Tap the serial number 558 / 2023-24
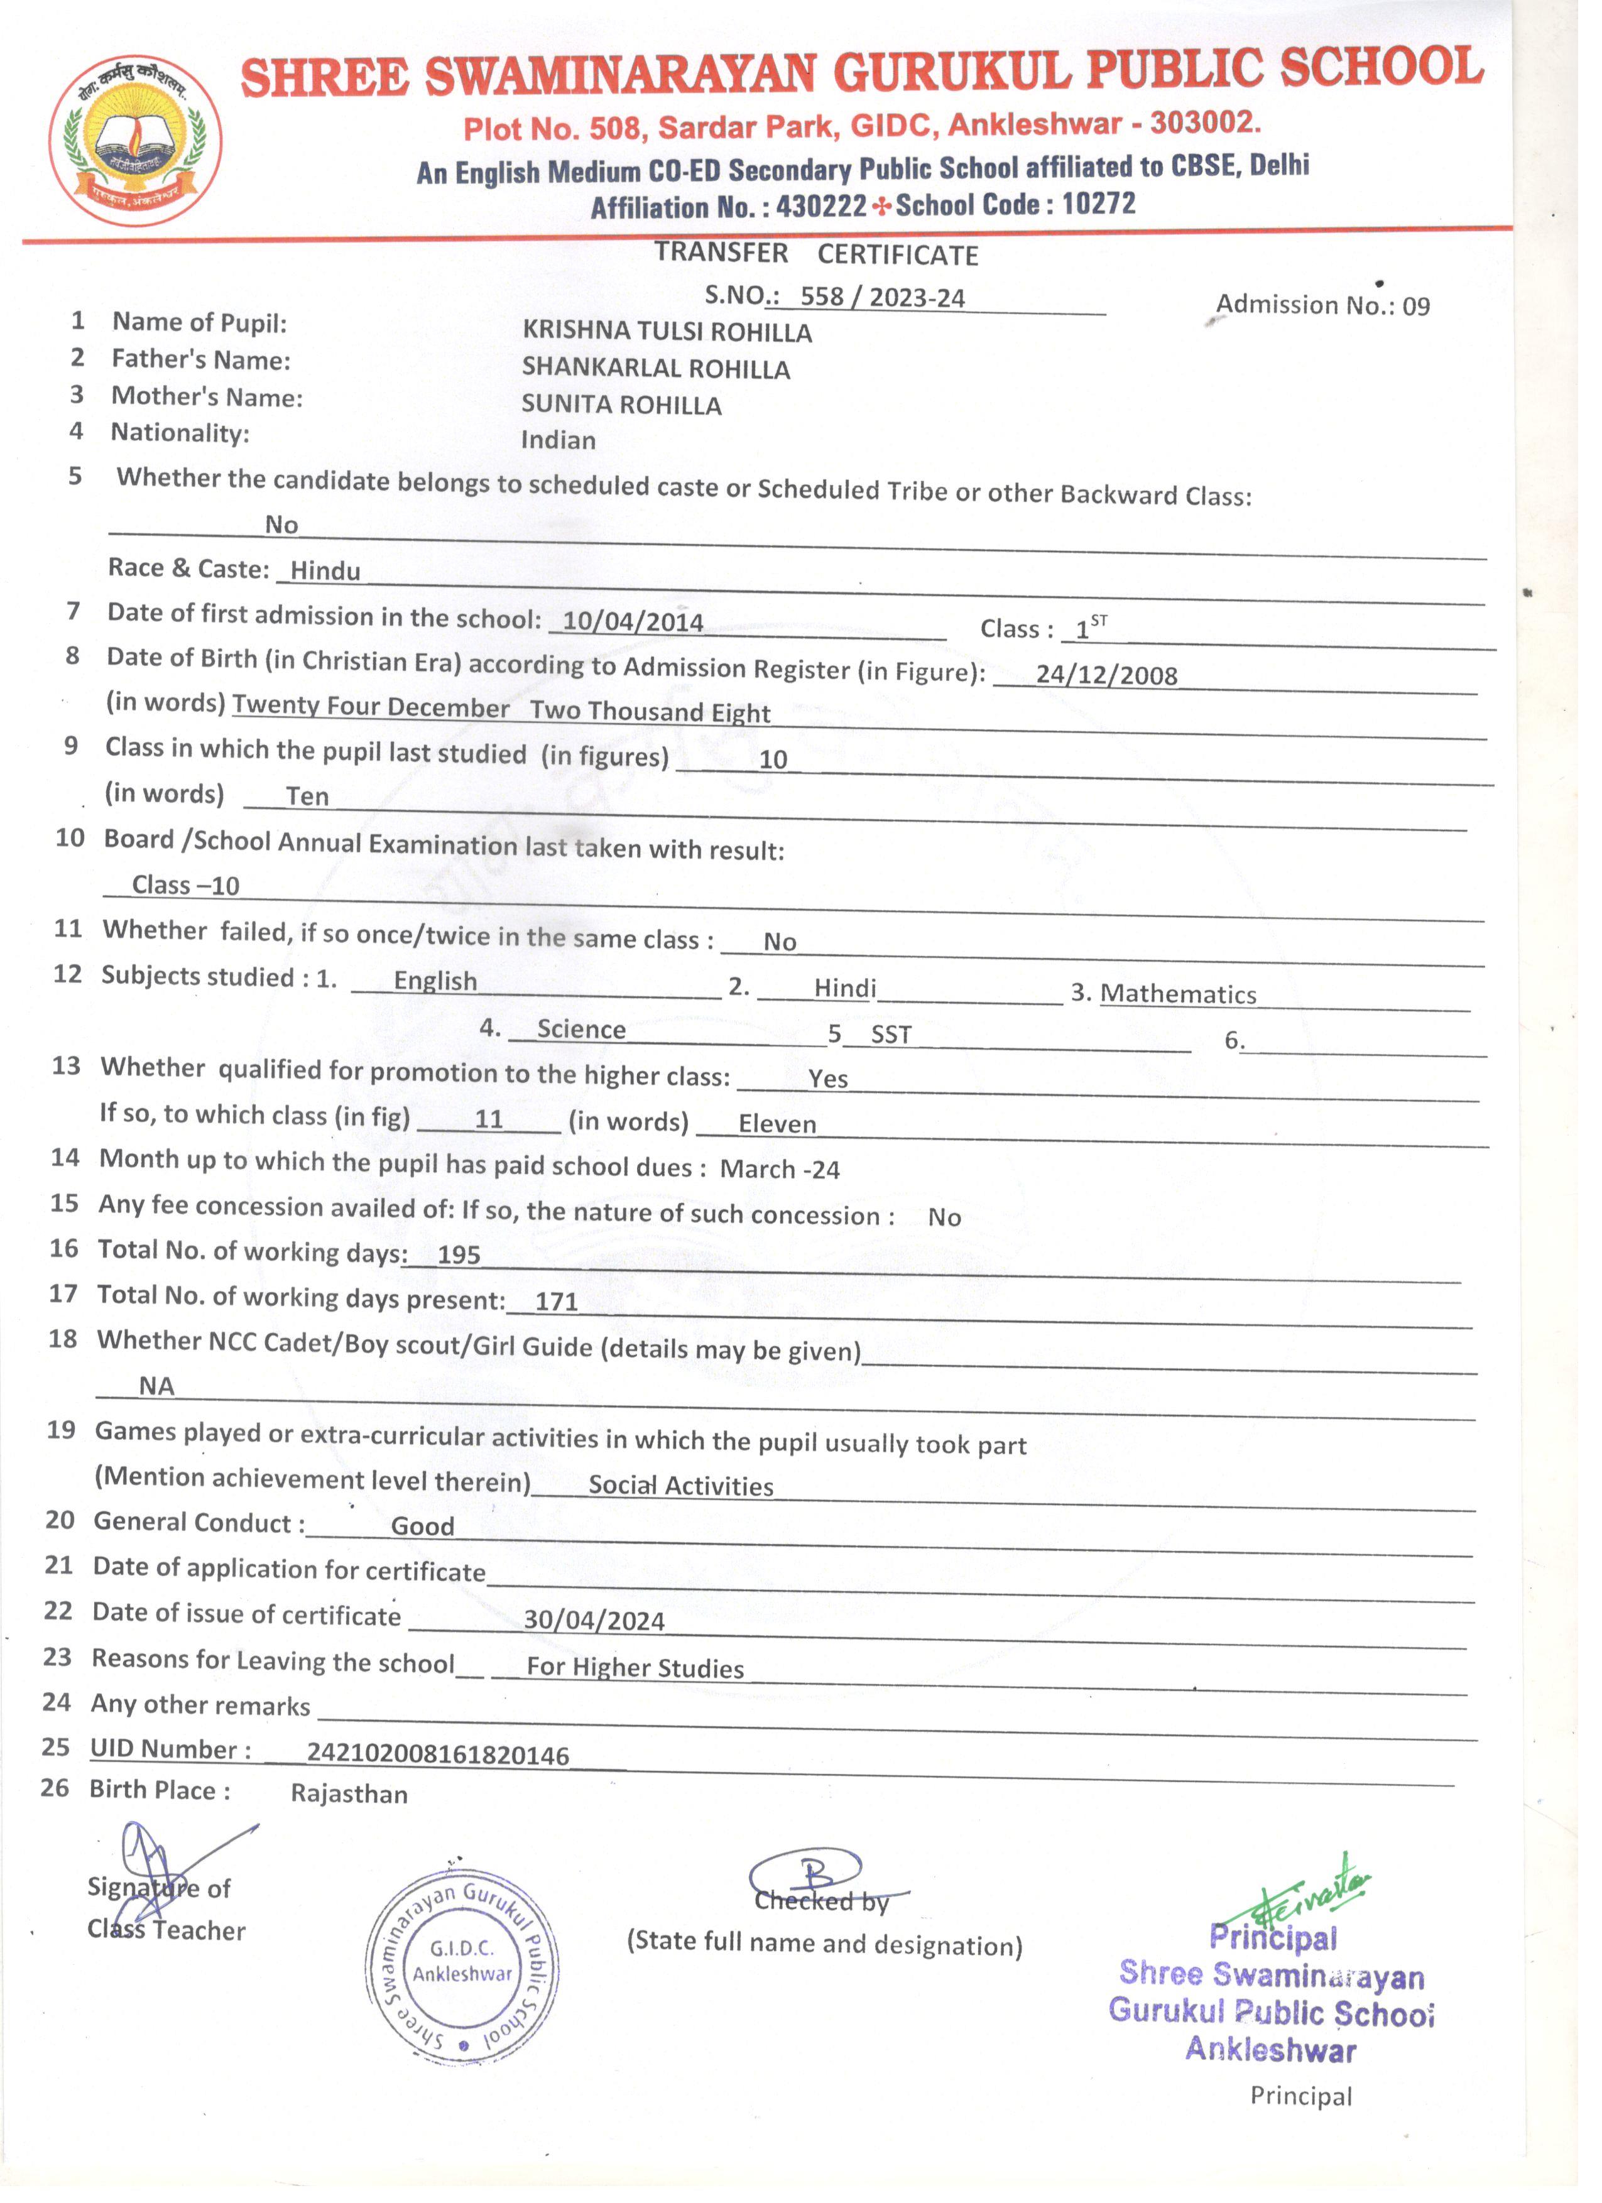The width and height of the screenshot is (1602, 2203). click(881, 297)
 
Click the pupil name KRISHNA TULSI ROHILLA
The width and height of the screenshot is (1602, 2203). click(667, 332)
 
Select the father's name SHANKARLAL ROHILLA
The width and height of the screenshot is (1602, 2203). click(656, 368)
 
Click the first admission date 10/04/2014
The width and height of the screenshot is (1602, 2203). click(633, 622)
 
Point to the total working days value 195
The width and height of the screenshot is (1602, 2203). click(459, 1255)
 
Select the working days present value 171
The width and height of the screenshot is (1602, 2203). click(556, 1302)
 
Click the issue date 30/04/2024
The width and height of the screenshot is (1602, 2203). click(594, 1620)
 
